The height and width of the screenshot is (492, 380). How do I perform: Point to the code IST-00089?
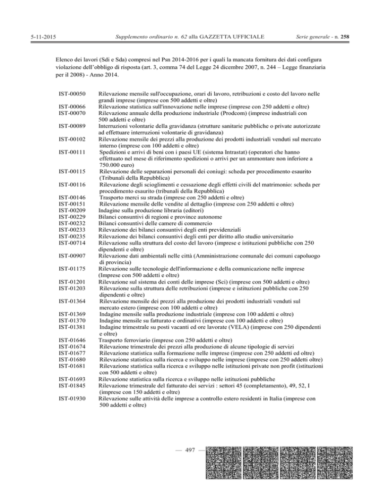pos(73,126)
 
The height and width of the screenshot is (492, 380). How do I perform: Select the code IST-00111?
pos(73,151)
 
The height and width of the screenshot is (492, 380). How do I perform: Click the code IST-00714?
pos(73,244)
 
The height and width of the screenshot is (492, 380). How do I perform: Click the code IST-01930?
pos(73,398)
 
